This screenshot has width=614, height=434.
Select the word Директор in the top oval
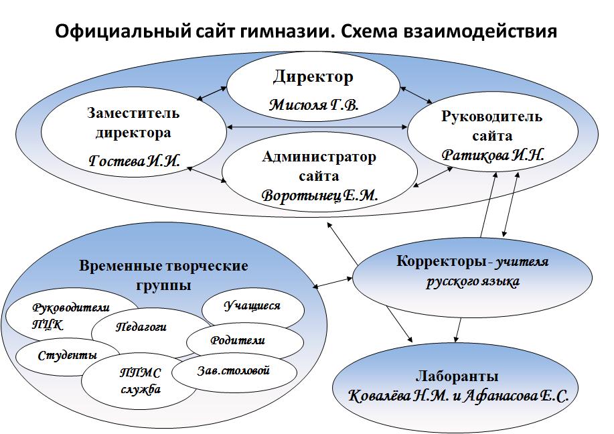[313, 77]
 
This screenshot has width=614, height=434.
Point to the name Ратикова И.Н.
[493, 153]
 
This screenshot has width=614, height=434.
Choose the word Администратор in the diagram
[319, 157]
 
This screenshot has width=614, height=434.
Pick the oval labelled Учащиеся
[251, 306]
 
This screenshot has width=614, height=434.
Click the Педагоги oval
[141, 328]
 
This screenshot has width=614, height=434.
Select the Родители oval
[237, 340]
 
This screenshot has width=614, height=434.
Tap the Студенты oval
[67, 355]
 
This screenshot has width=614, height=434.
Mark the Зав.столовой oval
[233, 370]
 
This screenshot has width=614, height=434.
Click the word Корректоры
[437, 261]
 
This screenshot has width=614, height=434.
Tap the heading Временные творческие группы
[163, 275]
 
